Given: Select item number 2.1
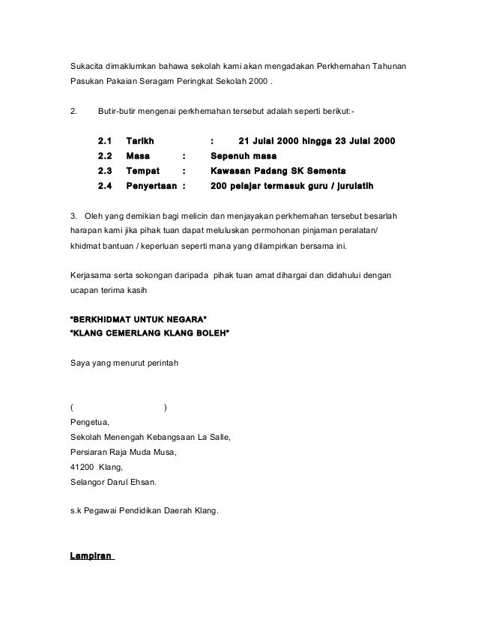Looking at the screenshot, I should (x=105, y=141).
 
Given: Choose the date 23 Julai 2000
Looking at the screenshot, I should (x=367, y=141).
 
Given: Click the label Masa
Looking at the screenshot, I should (x=137, y=156).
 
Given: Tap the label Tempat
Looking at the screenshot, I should (x=143, y=171).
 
